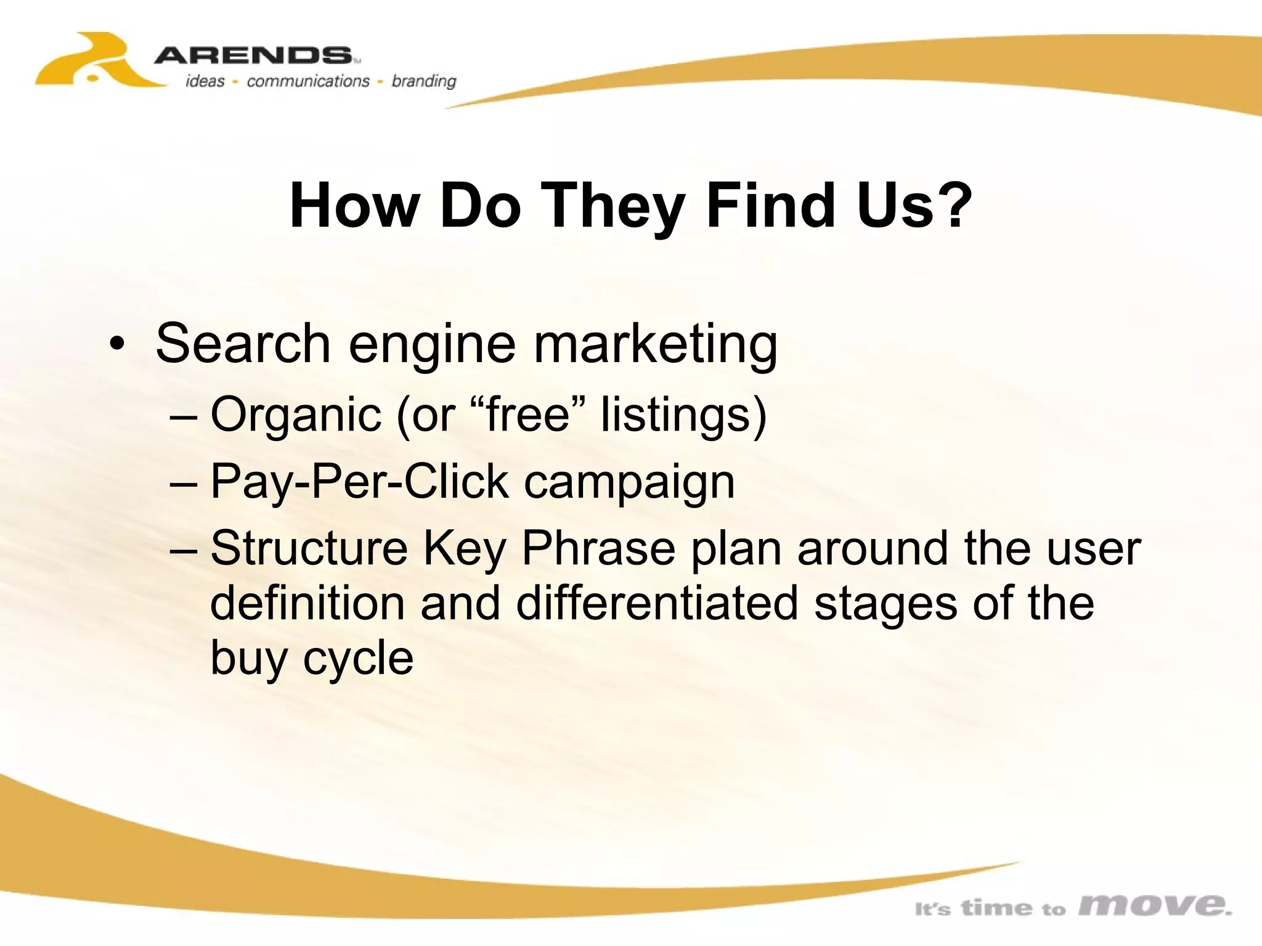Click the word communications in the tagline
pos(307,81)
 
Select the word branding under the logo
pos(424,81)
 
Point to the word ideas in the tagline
pos(205,81)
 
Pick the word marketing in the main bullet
pos(654,345)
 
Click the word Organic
pos(296,415)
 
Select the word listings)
pos(684,415)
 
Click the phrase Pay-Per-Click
pos(360,482)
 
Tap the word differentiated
pos(657,603)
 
